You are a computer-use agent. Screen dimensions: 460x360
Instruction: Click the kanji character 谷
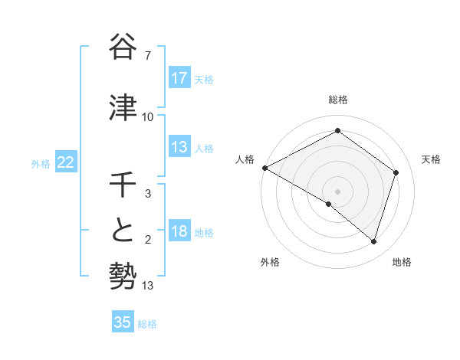click(123, 47)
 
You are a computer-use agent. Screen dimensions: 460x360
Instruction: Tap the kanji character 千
click(123, 186)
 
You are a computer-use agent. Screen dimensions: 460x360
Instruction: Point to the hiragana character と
click(123, 229)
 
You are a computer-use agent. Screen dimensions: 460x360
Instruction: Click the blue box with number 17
click(179, 77)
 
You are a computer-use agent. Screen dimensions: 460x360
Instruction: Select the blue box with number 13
click(179, 147)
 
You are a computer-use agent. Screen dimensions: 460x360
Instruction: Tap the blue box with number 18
click(179, 232)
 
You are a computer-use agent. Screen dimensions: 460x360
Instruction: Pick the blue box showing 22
click(66, 162)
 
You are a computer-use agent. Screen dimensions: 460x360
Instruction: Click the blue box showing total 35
click(123, 322)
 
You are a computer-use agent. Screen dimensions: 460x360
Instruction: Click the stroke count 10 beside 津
click(147, 116)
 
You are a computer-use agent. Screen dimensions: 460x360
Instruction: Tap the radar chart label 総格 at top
click(338, 100)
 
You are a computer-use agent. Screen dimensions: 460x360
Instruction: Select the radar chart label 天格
click(432, 159)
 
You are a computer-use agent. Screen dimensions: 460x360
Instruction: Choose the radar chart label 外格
click(270, 262)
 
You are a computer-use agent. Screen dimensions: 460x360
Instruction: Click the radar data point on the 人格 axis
click(264, 168)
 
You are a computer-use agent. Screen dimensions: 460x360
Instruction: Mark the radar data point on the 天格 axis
click(396, 172)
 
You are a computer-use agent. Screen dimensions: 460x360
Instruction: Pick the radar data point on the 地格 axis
click(374, 241)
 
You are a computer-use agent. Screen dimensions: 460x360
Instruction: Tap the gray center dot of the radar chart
click(338, 191)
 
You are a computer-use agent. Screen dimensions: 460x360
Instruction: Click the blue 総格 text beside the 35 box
click(147, 324)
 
